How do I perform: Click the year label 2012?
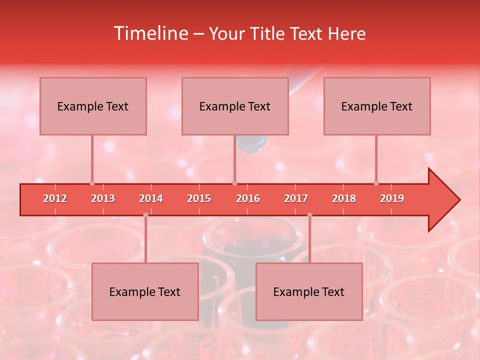click(x=55, y=198)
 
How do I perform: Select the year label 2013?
click(x=103, y=198)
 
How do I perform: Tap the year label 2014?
click(x=151, y=198)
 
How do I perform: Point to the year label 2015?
click(x=199, y=198)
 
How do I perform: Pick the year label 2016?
click(x=248, y=198)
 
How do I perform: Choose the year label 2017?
click(x=296, y=198)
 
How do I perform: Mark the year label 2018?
click(x=344, y=198)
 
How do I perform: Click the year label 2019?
click(x=392, y=198)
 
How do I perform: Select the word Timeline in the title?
click(x=150, y=33)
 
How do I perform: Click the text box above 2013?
click(x=93, y=106)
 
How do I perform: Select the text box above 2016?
click(x=235, y=106)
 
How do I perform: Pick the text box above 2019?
click(x=377, y=106)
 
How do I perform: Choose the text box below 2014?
click(x=145, y=291)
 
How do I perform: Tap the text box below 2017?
click(x=309, y=291)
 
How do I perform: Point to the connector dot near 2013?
click(x=92, y=183)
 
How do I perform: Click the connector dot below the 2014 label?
click(x=145, y=215)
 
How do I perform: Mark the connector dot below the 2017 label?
click(x=309, y=215)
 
